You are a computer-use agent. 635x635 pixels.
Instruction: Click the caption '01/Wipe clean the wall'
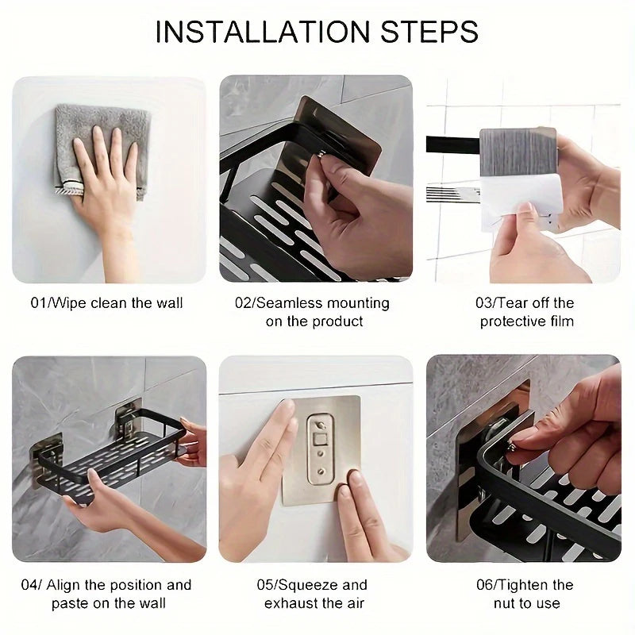108,302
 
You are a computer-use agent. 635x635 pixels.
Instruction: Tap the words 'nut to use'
526,604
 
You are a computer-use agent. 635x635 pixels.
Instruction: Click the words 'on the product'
314,321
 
